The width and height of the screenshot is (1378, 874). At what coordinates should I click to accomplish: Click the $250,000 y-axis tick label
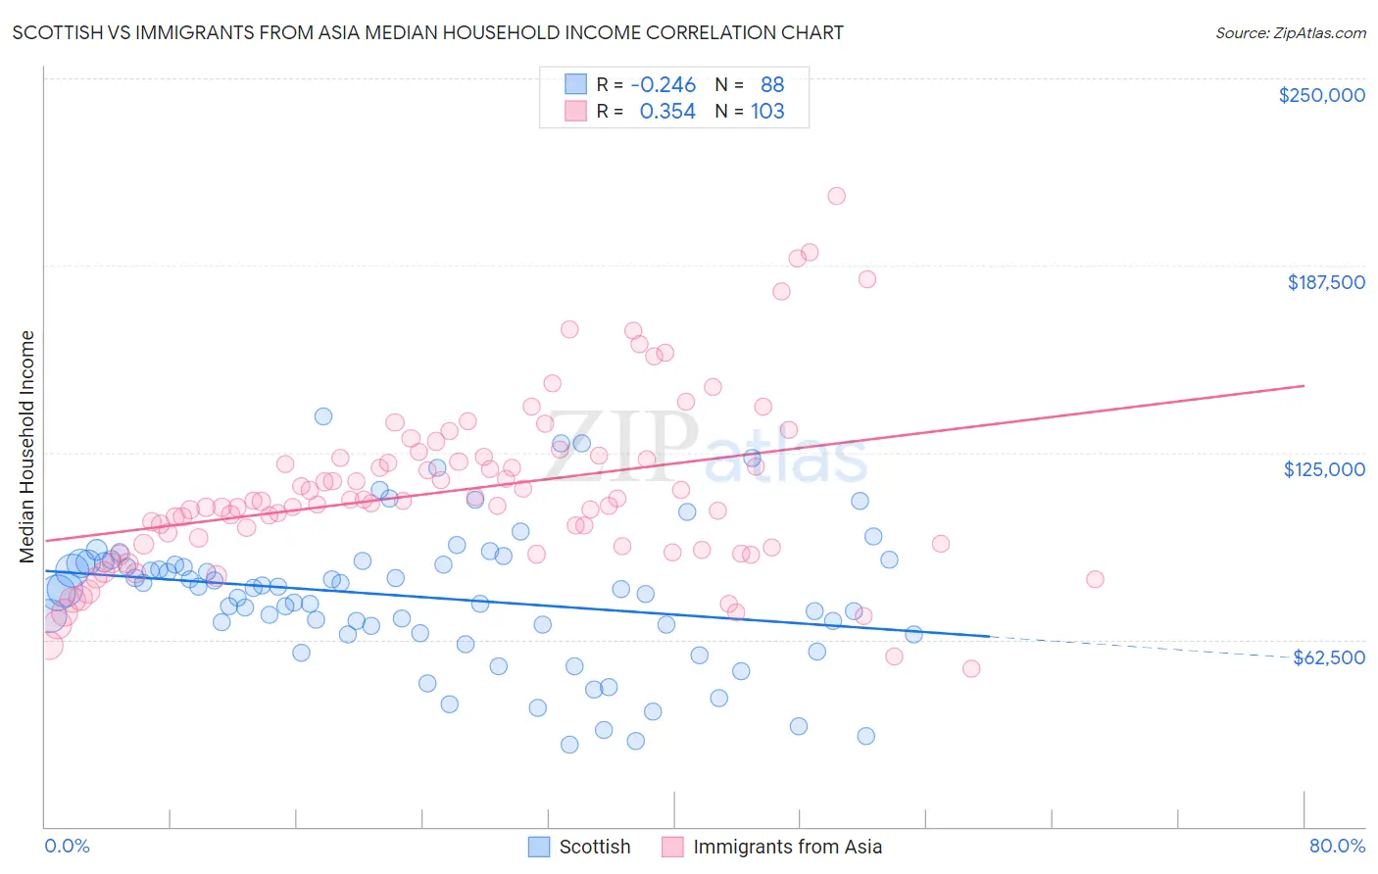[1321, 95]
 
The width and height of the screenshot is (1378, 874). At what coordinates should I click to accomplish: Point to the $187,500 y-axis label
[1325, 282]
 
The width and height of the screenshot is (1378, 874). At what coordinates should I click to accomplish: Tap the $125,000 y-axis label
[1324, 469]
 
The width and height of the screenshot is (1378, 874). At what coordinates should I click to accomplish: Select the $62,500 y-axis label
[1329, 657]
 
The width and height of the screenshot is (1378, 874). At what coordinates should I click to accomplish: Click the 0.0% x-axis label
[67, 846]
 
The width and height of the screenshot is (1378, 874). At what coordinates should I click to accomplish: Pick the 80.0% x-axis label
[1337, 846]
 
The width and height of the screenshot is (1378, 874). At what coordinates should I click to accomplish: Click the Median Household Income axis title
[27, 447]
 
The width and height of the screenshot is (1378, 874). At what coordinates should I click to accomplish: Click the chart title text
[427, 32]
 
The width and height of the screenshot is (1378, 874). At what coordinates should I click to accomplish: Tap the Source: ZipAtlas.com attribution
[1290, 32]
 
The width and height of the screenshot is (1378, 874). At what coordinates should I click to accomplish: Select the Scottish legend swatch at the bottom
[539, 847]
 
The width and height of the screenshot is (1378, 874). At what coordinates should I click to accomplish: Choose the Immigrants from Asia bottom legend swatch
[672, 847]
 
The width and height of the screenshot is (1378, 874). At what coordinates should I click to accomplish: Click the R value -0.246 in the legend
[663, 84]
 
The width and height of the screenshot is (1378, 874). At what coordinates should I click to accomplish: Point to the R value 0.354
[667, 111]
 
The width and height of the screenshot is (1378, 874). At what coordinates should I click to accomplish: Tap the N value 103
[767, 111]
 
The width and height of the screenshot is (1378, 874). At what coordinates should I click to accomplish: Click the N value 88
[772, 84]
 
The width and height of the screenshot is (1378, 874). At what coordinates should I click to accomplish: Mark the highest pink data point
[836, 196]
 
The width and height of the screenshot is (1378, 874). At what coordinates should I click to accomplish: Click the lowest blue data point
[569, 745]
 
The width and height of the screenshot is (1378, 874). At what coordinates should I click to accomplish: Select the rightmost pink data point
[1095, 579]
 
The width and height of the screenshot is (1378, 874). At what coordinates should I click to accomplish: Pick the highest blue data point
[322, 416]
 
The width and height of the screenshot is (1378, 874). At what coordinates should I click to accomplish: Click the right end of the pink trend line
[1304, 385]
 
